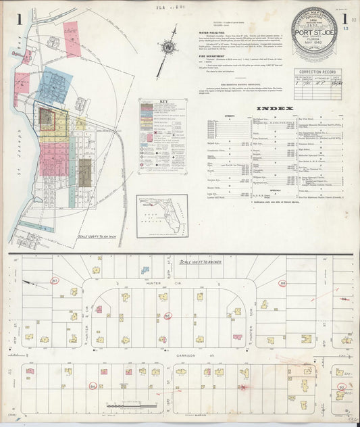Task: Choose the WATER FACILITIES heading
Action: pyautogui.click(x=197, y=30)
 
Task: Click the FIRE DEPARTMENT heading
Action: pyautogui.click(x=194, y=64)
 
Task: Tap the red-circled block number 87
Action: pyautogui.click(x=55, y=280)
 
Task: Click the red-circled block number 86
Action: pyautogui.click(x=168, y=315)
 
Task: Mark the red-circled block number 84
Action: pyautogui.click(x=93, y=386)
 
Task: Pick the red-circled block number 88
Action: pyautogui.click(x=282, y=283)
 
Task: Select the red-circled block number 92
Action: pyautogui.click(x=342, y=387)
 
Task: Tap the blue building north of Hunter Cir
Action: pyautogui.click(x=144, y=270)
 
